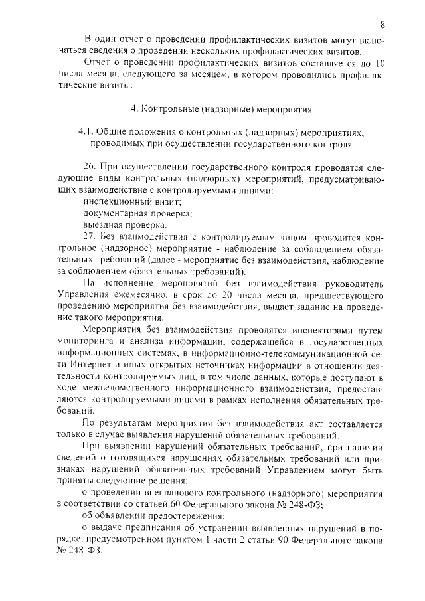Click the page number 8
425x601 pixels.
coord(383,25)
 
